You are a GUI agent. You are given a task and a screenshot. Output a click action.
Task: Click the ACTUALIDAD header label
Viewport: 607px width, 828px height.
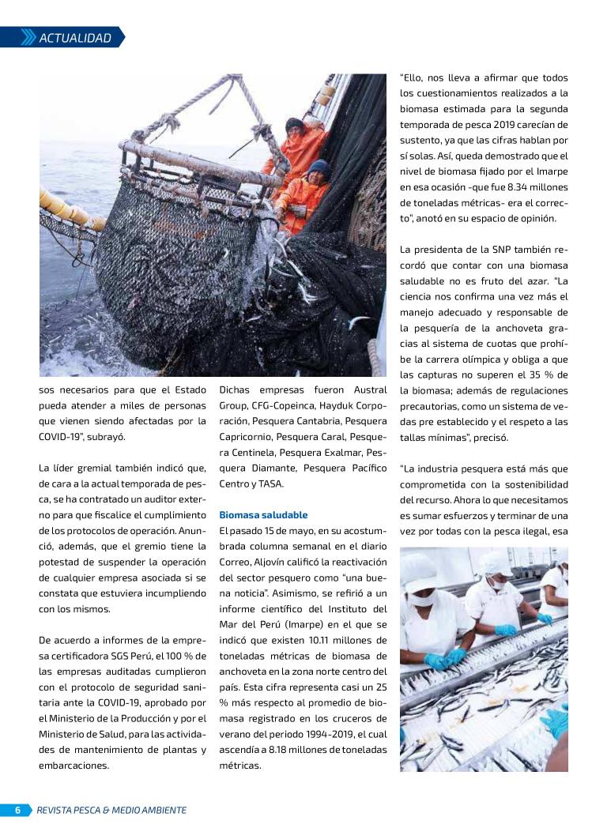[x=75, y=37]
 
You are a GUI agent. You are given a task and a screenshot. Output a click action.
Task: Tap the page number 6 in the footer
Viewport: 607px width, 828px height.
[x=17, y=810]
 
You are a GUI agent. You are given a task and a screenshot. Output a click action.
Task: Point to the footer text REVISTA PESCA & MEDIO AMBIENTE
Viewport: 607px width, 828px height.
[x=111, y=810]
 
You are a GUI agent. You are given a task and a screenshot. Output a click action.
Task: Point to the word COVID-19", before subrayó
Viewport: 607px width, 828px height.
[x=65, y=437]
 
